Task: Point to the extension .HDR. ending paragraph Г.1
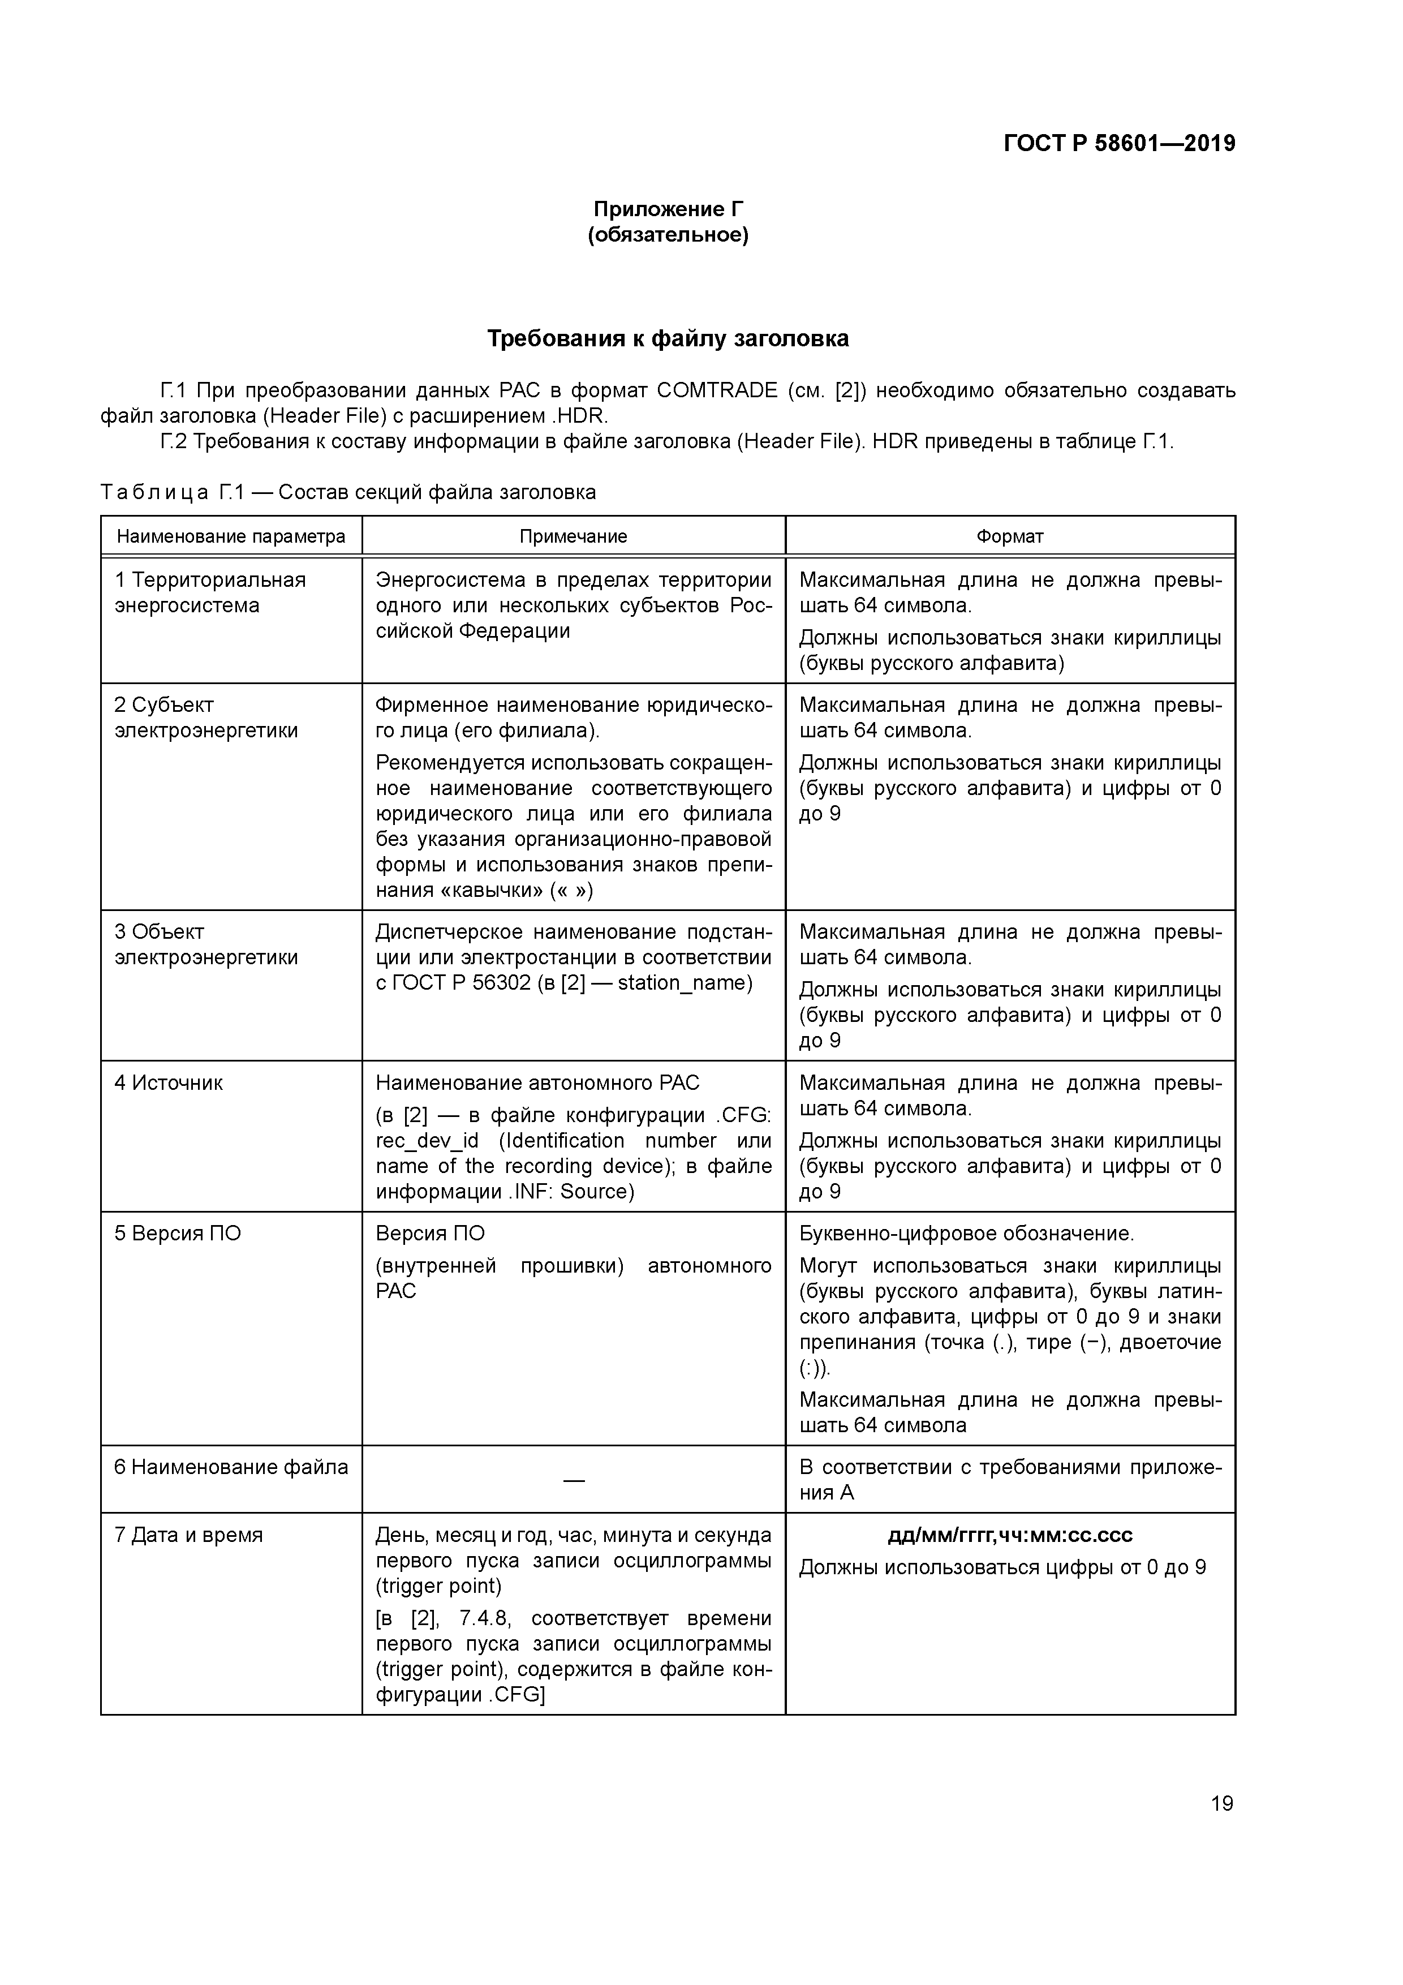580,416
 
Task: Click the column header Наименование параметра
231,536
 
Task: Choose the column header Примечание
573,536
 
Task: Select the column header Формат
1010,536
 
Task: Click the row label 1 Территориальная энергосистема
210,592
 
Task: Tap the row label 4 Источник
169,1082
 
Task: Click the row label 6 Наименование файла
231,1467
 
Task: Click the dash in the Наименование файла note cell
573,1481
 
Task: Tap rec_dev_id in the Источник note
427,1141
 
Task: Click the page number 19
1221,1803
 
